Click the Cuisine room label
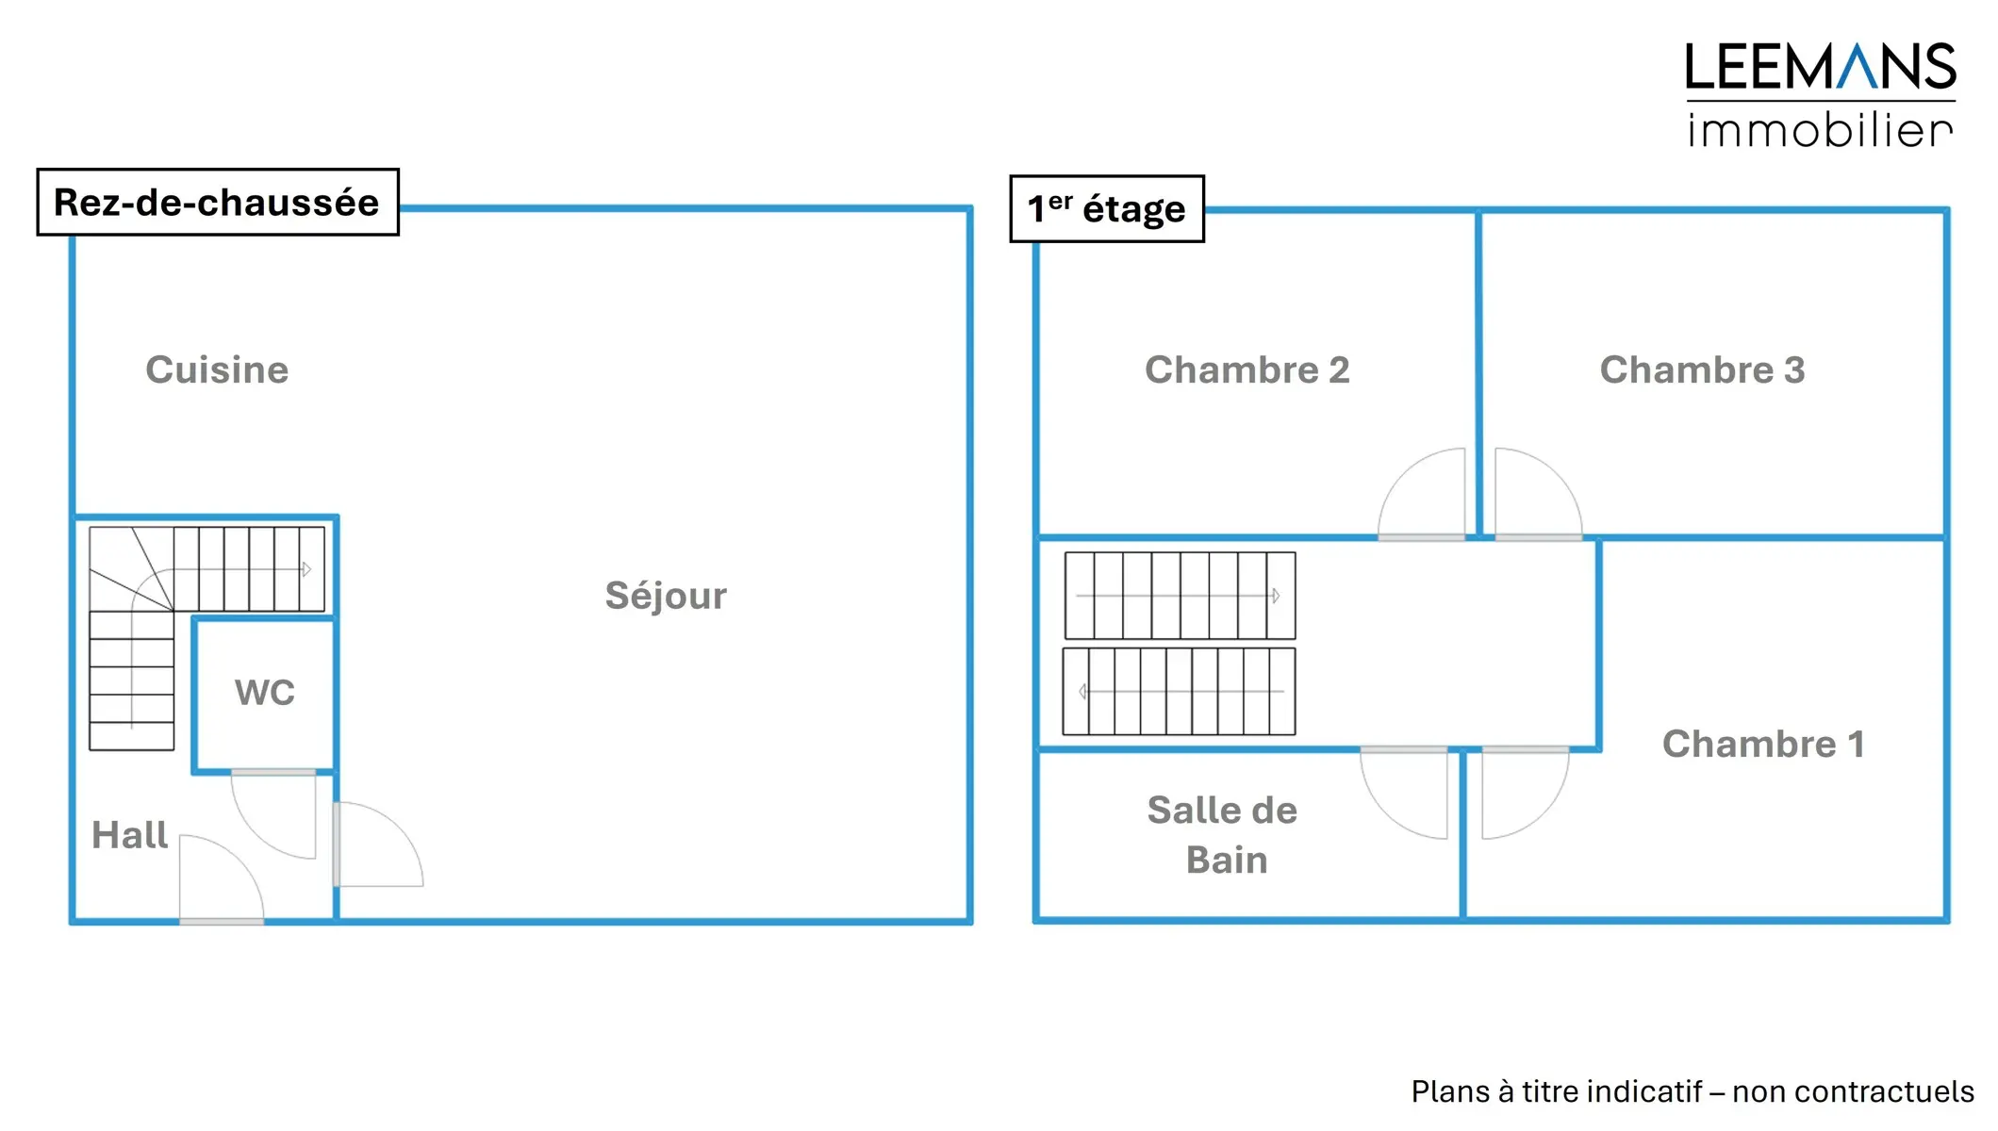(217, 370)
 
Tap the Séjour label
(666, 596)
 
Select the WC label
(265, 693)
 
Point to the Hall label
(129, 835)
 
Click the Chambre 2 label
(1247, 370)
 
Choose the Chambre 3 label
(1702, 370)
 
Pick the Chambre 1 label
(1763, 745)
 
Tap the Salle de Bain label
(1223, 835)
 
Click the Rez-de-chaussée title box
(218, 203)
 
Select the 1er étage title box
(1106, 209)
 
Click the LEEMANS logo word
(1820, 68)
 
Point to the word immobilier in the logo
(1820, 130)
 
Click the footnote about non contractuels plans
(1692, 1091)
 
